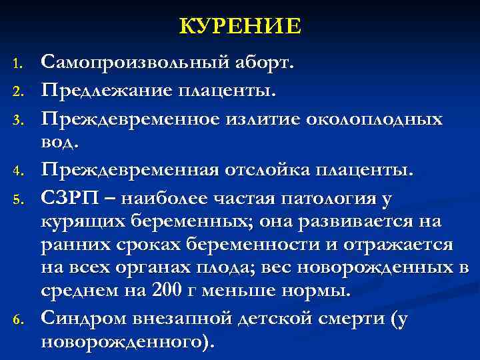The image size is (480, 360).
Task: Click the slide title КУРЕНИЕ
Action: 240,26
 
